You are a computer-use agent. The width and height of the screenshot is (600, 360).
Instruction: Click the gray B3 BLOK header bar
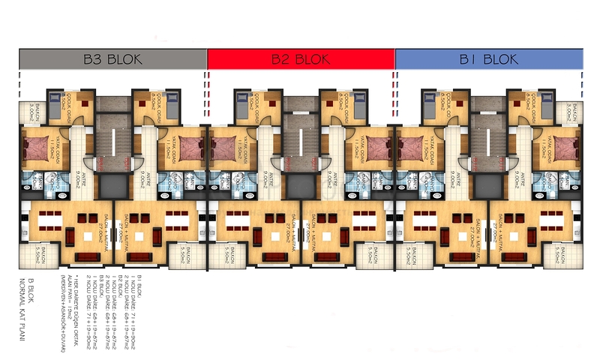click(112, 59)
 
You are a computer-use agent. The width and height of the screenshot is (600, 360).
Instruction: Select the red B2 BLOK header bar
click(301, 59)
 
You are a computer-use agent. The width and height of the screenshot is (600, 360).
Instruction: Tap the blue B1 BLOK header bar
click(489, 59)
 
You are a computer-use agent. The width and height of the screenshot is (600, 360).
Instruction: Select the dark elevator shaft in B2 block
click(301, 184)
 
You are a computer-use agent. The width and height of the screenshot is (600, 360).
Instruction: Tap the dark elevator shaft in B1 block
click(489, 184)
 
